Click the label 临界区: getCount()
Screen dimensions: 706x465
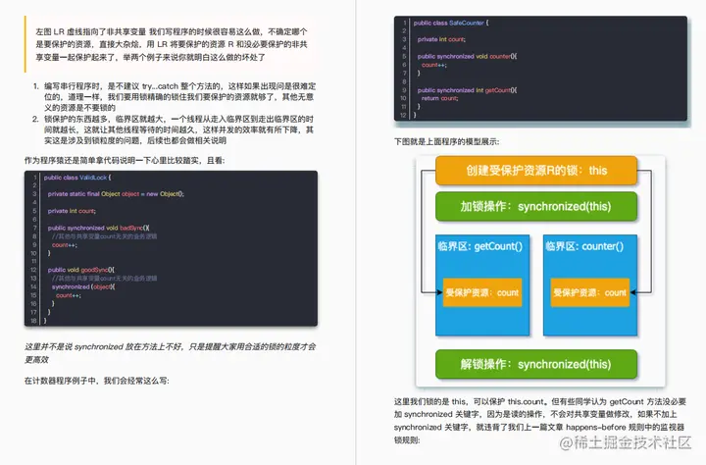(480, 246)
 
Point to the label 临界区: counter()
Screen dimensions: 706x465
(587, 246)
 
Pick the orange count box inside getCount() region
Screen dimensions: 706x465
(481, 292)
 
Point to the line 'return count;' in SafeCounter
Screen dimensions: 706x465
(439, 98)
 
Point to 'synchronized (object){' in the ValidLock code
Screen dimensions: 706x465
(86, 286)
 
